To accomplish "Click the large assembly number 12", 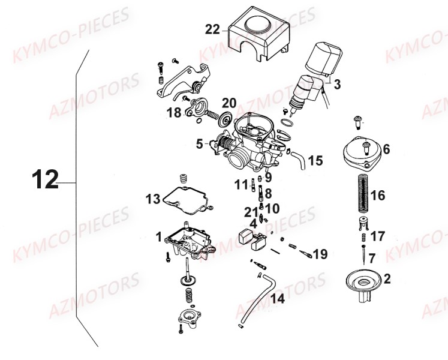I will tap(44, 179).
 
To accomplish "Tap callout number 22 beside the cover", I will tap(212, 29).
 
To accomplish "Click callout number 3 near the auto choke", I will tap(337, 85).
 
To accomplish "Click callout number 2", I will tap(387, 278).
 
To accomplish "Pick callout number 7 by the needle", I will tap(372, 259).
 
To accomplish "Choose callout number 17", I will tap(378, 236).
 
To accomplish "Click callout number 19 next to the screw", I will tap(320, 254).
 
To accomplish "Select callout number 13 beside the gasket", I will tap(152, 198).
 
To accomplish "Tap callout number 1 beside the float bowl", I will tap(158, 237).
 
